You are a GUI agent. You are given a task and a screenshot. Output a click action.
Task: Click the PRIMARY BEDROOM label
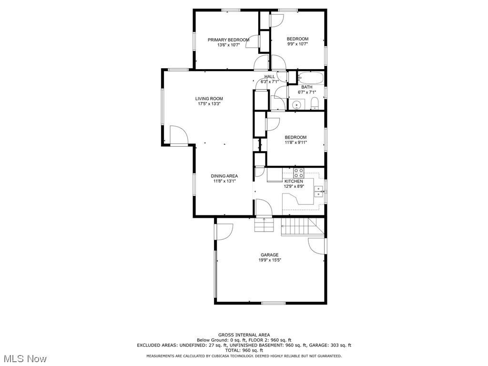tap(228, 40)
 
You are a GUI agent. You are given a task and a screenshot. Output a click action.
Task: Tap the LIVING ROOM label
tap(209, 99)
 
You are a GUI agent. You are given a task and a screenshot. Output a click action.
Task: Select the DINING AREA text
tap(224, 176)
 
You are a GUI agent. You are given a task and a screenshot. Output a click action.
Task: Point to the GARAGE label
tap(269, 254)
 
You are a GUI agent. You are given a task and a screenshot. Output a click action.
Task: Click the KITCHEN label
tap(294, 182)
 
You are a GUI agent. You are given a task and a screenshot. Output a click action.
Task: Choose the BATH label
tap(306, 87)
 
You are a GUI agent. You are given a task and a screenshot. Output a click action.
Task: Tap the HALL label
tap(270, 77)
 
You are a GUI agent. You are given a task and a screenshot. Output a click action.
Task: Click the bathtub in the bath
tap(311, 77)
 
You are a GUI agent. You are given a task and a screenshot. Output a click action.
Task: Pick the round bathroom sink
tap(296, 105)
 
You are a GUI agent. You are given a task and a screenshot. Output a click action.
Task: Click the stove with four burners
tap(299, 173)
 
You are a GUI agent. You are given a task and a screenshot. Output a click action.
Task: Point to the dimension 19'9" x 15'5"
tap(269, 260)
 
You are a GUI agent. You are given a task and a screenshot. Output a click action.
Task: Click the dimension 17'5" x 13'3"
tap(209, 104)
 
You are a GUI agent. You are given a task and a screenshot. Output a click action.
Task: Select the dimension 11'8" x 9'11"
tap(295, 142)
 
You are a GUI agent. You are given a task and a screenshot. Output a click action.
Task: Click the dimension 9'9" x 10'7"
tap(297, 44)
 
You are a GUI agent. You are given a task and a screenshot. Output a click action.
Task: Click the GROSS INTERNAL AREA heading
tap(244, 335)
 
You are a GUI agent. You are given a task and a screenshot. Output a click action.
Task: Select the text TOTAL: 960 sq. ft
tap(244, 350)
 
